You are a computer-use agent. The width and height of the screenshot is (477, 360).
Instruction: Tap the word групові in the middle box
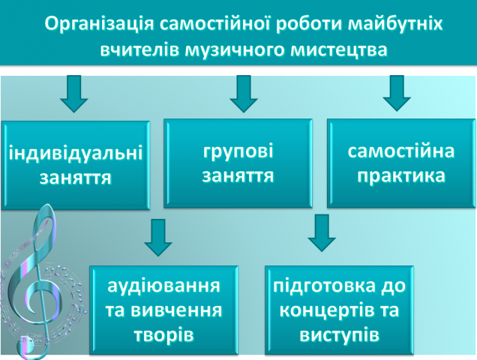(237, 151)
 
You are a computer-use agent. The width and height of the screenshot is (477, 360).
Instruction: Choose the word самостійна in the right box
(401, 151)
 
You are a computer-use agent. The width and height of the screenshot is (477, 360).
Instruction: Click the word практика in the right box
(401, 177)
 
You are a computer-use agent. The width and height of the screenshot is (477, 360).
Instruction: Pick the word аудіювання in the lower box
(164, 286)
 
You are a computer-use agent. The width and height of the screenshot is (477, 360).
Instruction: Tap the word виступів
(341, 333)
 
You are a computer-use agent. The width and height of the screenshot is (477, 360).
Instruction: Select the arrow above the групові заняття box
(244, 93)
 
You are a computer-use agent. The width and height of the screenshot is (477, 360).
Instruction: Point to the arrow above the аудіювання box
(157, 237)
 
